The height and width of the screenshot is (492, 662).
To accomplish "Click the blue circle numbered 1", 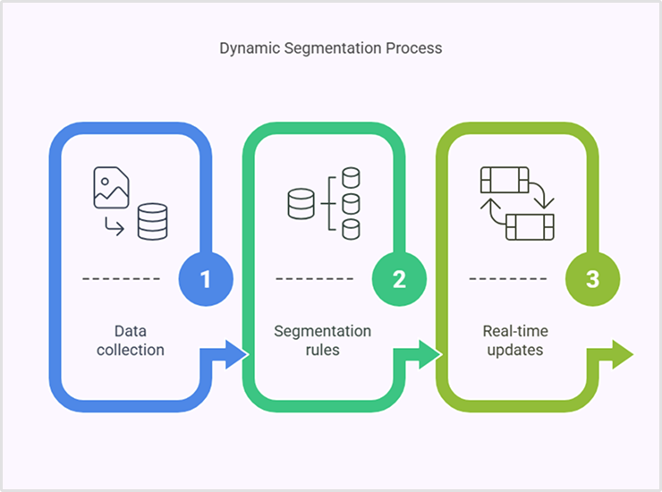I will (x=205, y=279).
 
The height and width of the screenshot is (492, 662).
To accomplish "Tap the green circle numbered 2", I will (x=399, y=279).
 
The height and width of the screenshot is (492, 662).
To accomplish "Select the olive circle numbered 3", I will (x=592, y=279).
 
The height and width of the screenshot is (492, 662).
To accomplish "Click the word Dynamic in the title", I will (x=250, y=47).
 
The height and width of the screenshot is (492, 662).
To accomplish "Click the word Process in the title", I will (x=414, y=47).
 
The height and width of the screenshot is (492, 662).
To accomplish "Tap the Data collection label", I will (x=131, y=340).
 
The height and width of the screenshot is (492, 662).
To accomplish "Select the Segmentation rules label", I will (x=322, y=340).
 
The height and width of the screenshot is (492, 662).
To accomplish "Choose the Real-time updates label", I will (x=515, y=340).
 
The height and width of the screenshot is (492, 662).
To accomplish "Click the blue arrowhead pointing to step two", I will (x=234, y=354).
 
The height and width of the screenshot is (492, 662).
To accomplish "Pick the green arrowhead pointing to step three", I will (x=429, y=354).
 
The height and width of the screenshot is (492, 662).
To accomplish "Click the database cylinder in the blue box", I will (x=152, y=221).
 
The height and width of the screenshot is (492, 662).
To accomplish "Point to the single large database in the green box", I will (x=301, y=204).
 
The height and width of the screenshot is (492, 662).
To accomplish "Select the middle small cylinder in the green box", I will (x=351, y=203).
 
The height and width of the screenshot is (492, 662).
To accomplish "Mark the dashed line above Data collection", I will (x=122, y=279).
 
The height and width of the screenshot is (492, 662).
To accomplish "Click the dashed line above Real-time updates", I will (x=508, y=279).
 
